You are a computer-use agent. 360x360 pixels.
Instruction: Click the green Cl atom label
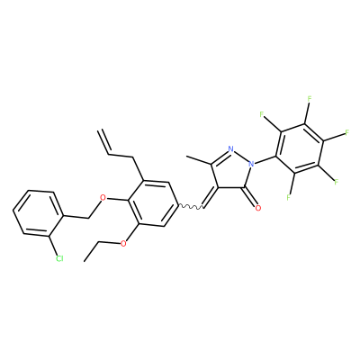click(x=59, y=258)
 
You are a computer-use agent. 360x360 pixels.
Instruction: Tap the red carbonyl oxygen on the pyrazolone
click(x=258, y=208)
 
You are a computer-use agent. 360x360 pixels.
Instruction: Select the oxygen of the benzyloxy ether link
click(x=103, y=198)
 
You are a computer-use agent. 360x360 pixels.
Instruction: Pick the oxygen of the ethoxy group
click(x=122, y=243)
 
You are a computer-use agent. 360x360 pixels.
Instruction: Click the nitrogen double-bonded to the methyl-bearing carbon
click(x=230, y=148)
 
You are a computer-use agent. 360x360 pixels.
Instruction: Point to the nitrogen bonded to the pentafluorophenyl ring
click(x=251, y=164)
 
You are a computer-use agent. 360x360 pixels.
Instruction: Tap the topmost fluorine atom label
click(x=310, y=99)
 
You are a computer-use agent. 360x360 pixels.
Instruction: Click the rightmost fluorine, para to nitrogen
click(x=346, y=132)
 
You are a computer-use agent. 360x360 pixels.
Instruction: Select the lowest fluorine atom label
click(x=289, y=197)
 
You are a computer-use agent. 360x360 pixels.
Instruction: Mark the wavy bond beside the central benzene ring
click(x=191, y=206)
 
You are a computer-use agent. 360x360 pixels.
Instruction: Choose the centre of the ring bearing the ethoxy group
click(x=153, y=203)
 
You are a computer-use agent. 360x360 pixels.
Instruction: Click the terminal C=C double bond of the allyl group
click(x=104, y=141)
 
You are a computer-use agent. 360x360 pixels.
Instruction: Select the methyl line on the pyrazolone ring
click(x=199, y=160)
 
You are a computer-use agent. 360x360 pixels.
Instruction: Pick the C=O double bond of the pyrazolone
click(x=250, y=197)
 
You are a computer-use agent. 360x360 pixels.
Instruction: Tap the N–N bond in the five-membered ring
click(x=241, y=157)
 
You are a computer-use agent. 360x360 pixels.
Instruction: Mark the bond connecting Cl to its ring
click(x=52, y=245)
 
